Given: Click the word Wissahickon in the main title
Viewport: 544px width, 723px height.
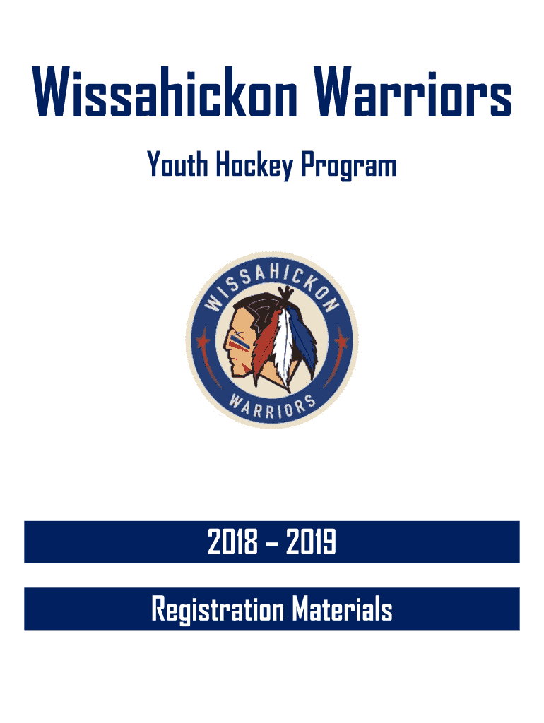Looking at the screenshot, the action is click(x=165, y=91).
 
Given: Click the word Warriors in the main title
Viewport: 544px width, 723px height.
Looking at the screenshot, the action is click(x=413, y=91).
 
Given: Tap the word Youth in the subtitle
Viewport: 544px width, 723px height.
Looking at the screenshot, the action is click(x=177, y=164).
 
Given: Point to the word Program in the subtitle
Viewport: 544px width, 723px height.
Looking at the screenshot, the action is click(x=349, y=166).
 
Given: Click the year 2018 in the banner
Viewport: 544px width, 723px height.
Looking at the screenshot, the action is click(x=232, y=542).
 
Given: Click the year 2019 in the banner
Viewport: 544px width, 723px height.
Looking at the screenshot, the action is click(x=311, y=542).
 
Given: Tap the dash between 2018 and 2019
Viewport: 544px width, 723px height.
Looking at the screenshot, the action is click(x=272, y=543).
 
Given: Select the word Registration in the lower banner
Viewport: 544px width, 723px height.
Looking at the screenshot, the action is click(x=218, y=609).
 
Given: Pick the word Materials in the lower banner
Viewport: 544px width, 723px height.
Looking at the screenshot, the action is click(x=342, y=609).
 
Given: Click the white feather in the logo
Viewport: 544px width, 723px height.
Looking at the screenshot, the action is click(x=284, y=348).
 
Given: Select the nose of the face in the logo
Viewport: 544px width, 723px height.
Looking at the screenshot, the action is click(x=227, y=342).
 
